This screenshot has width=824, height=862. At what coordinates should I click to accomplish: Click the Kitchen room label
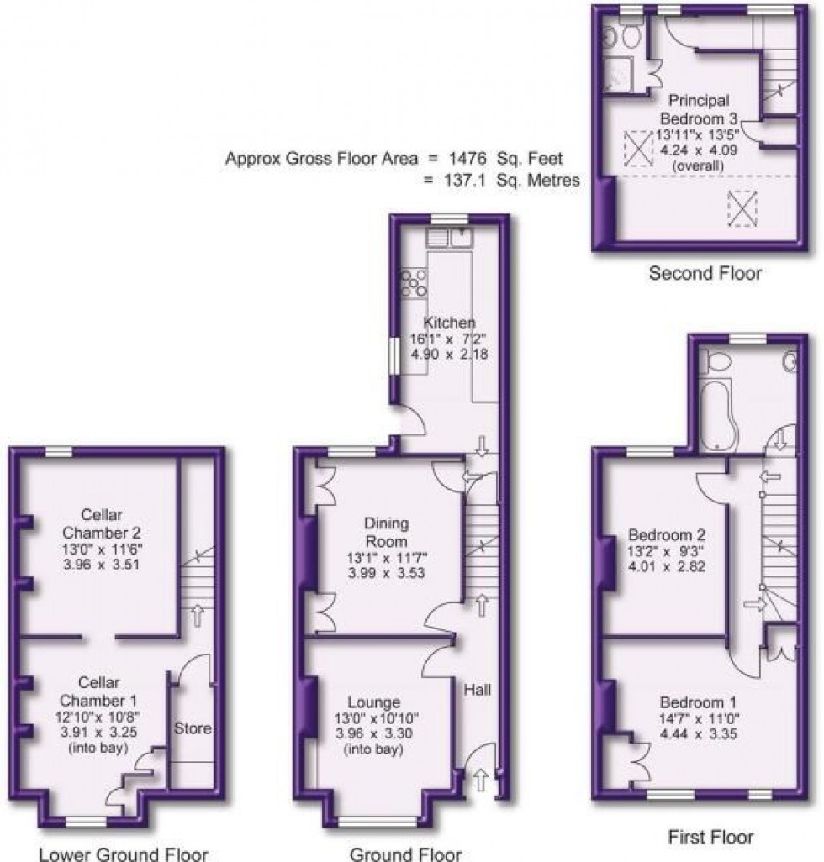(449, 323)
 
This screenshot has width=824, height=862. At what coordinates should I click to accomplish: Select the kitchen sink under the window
(449, 238)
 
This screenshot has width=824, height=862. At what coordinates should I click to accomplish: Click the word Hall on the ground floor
(478, 690)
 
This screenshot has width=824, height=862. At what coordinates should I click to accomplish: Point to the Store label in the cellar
(193, 728)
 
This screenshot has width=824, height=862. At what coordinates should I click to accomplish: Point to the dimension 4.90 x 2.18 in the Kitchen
(449, 354)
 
